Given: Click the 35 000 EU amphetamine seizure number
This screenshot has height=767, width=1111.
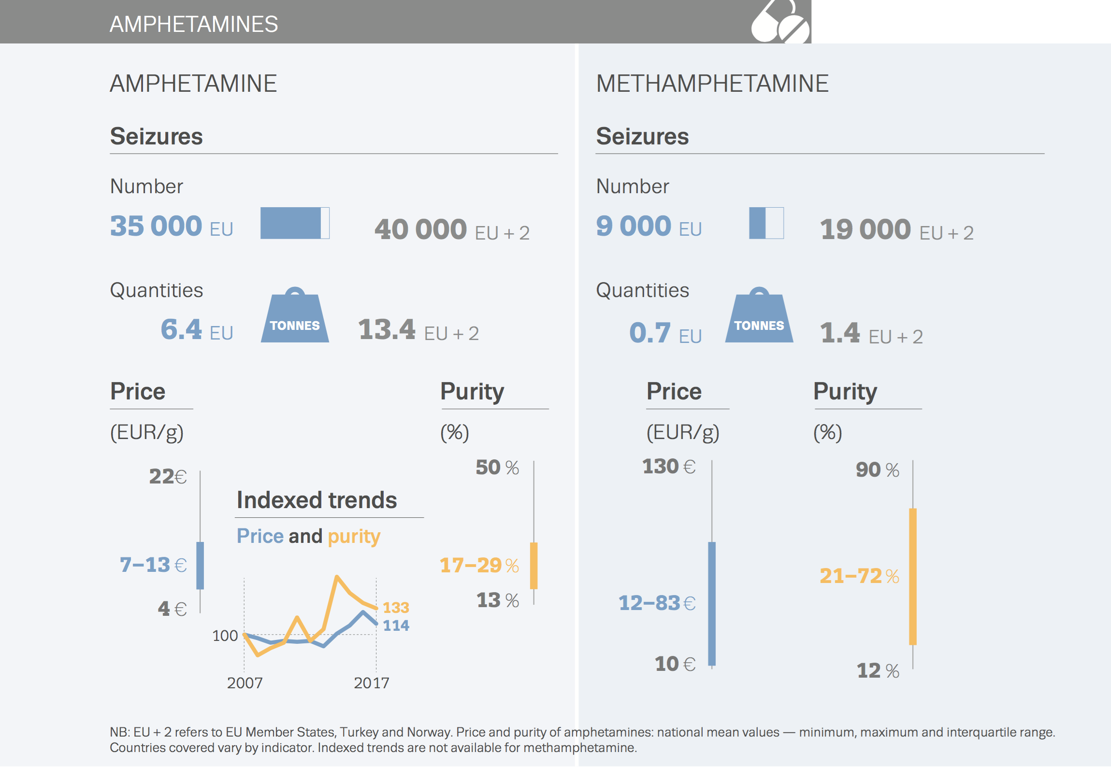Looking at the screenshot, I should coord(171,226).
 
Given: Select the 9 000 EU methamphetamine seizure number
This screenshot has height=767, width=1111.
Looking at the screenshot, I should coord(648,226).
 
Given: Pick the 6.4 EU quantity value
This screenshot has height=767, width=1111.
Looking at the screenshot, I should coord(196,330).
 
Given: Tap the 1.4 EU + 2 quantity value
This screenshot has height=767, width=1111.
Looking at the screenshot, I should coord(871,333).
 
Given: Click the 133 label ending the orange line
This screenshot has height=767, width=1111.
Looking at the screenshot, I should coord(396,607).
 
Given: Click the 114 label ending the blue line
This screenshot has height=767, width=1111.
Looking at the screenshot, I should coord(396,625).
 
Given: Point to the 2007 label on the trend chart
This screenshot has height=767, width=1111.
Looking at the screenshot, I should coord(245,683).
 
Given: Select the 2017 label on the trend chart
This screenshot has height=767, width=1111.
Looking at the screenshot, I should coord(371,683).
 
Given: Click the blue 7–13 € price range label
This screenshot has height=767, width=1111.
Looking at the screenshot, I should coord(153,565).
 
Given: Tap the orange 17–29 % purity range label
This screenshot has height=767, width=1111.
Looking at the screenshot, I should coord(479,565).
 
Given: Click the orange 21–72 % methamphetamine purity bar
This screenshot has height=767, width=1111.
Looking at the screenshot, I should coord(912,576).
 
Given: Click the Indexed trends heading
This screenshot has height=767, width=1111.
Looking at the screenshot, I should coord(317,500).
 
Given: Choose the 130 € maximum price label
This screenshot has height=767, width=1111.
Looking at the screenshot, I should coord(668,467).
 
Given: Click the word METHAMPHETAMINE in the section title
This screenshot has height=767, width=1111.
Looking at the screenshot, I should coord(712,84).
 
